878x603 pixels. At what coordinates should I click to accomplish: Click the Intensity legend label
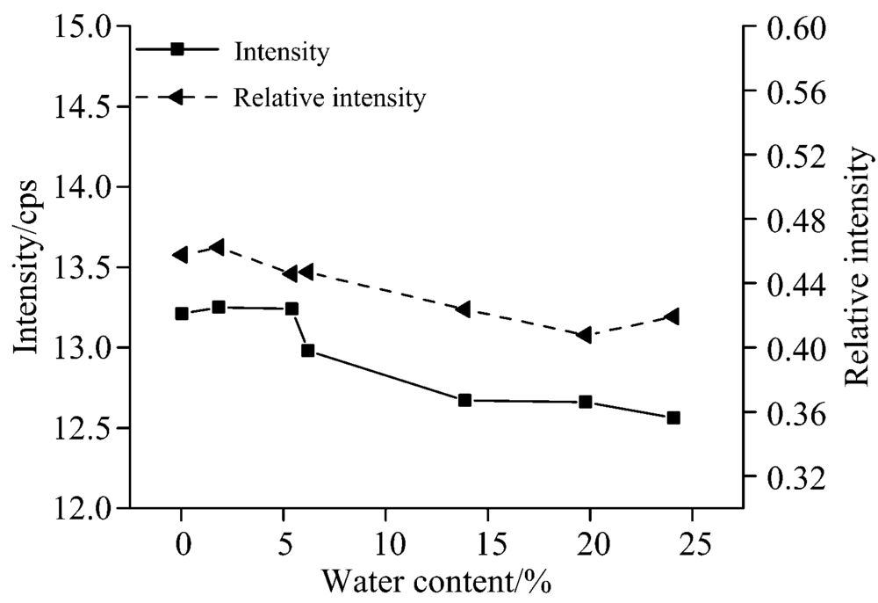click(281, 53)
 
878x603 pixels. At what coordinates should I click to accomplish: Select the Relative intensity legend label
click(329, 98)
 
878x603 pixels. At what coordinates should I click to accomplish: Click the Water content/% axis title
click(437, 582)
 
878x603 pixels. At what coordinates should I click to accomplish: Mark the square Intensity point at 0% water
click(182, 314)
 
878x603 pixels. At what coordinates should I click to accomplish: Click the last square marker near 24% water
click(673, 418)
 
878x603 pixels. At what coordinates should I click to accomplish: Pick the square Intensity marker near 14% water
click(464, 400)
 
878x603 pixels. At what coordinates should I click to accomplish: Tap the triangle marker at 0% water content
click(180, 255)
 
